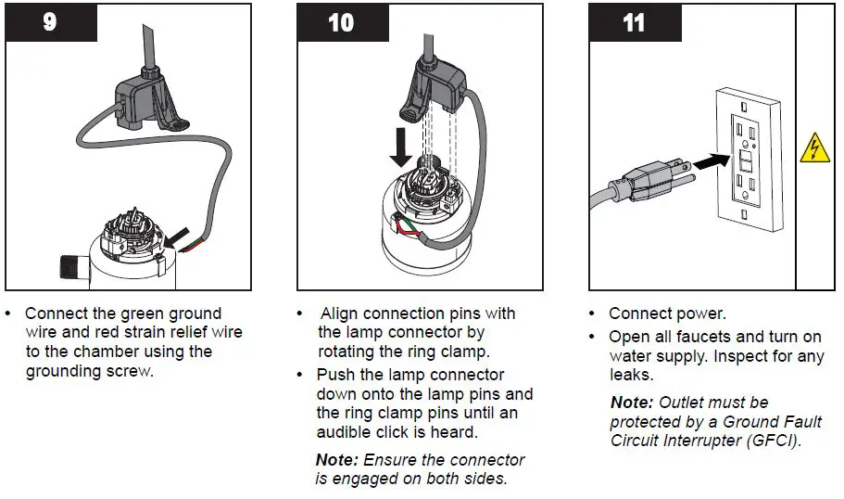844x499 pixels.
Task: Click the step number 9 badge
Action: pyautogui.click(x=50, y=21)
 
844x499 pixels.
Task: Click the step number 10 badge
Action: pyautogui.click(x=341, y=21)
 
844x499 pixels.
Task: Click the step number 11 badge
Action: pyautogui.click(x=634, y=21)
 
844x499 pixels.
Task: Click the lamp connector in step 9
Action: pyautogui.click(x=149, y=101)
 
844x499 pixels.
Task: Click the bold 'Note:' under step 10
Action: pyautogui.click(x=337, y=459)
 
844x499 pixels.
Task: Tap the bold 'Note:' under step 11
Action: pyautogui.click(x=632, y=402)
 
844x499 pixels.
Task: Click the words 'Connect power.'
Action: pyautogui.click(x=667, y=313)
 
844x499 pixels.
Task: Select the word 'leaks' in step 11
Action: pyautogui.click(x=630, y=376)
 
